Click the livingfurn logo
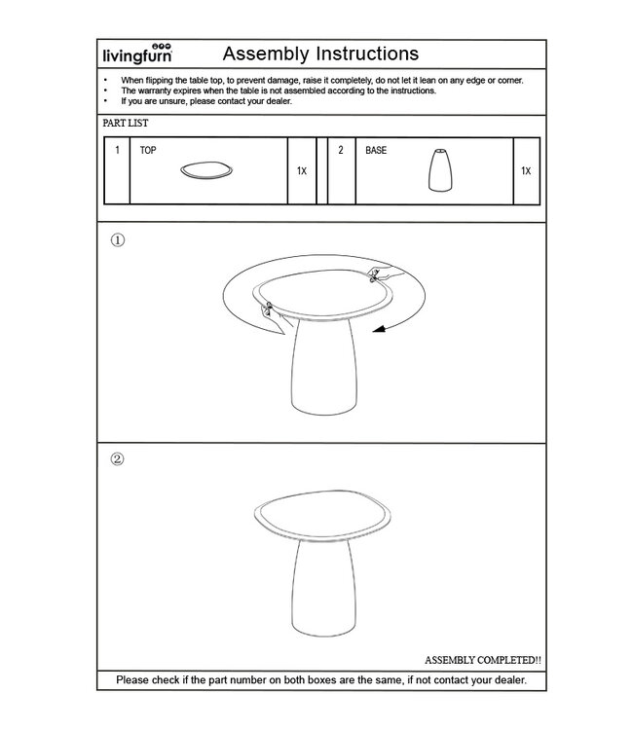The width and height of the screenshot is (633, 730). (x=137, y=55)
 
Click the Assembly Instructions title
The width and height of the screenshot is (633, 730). (x=320, y=53)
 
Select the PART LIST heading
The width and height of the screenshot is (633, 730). (x=126, y=124)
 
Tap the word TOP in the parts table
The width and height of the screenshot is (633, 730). (x=148, y=151)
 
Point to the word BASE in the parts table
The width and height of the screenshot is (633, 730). (x=376, y=151)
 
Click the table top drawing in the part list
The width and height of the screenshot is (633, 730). (x=207, y=171)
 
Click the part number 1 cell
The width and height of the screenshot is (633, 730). (x=117, y=151)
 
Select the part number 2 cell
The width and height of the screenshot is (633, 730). (x=341, y=151)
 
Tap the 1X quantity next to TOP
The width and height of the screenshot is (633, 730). (x=301, y=171)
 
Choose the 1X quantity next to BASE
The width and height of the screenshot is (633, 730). (x=526, y=171)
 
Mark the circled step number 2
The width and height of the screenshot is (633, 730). (x=118, y=459)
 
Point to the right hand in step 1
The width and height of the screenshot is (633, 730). (x=378, y=277)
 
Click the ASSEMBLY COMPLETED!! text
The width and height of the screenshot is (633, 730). (x=483, y=660)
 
